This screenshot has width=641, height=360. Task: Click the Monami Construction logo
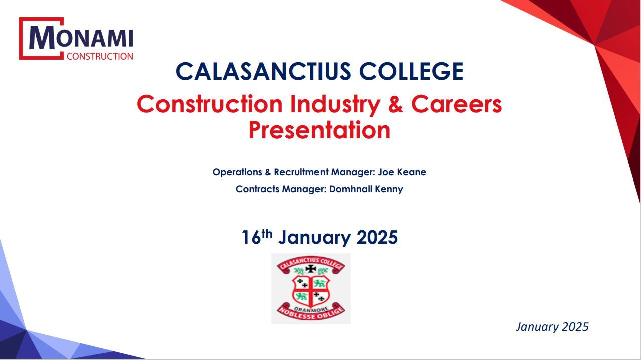click(76, 39)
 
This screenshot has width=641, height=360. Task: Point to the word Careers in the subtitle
click(456, 104)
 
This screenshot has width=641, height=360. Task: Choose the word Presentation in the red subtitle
click(319, 130)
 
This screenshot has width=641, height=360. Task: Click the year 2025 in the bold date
click(377, 237)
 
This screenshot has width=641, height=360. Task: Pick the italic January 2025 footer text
click(552, 327)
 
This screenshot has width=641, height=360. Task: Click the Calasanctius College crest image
click(311, 289)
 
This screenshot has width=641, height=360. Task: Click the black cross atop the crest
click(311, 269)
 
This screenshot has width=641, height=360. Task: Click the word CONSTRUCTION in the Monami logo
click(100, 56)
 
